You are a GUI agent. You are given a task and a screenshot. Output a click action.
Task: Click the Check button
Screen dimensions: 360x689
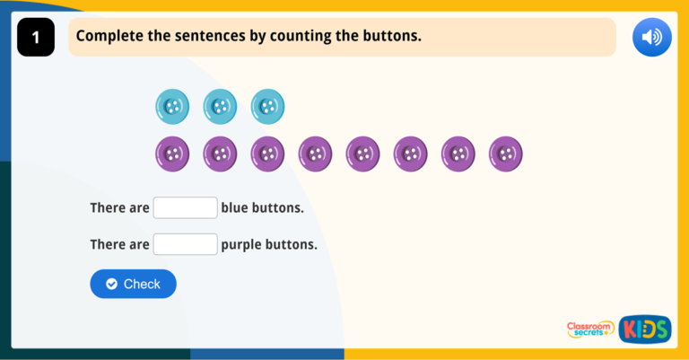pyautogui.click(x=133, y=284)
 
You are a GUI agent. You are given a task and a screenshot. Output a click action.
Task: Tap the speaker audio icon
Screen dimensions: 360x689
pyautogui.click(x=651, y=37)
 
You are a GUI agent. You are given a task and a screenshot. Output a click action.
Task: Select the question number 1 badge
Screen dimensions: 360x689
pyautogui.click(x=36, y=38)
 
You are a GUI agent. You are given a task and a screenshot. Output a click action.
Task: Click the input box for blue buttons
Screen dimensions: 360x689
pyautogui.click(x=185, y=207)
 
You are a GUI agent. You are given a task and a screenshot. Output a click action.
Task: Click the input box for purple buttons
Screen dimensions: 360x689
pyautogui.click(x=185, y=244)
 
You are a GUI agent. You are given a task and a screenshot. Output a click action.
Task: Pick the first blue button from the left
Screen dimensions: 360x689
pyautogui.click(x=172, y=107)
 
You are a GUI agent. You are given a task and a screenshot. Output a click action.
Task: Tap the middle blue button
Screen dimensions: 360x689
pyautogui.click(x=220, y=107)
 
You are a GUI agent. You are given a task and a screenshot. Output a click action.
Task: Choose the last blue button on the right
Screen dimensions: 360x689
pyautogui.click(x=267, y=107)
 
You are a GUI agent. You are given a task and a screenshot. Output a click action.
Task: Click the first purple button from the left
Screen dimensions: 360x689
pyautogui.click(x=172, y=154)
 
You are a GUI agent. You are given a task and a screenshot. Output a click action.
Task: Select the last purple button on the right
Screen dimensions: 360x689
pyautogui.click(x=506, y=154)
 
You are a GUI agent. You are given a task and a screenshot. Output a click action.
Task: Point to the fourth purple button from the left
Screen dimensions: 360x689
pyautogui.click(x=315, y=154)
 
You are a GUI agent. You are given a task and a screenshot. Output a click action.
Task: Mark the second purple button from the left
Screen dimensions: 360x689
pyautogui.click(x=220, y=154)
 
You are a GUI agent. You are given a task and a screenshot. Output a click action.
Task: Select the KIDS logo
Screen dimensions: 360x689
pyautogui.click(x=644, y=329)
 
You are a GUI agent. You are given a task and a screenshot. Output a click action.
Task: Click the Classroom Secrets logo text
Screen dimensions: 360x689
pyautogui.click(x=590, y=329)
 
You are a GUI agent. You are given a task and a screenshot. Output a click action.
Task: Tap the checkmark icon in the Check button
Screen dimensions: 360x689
pyautogui.click(x=111, y=284)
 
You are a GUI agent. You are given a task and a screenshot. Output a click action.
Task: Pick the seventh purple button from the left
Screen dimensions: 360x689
pyautogui.click(x=458, y=154)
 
